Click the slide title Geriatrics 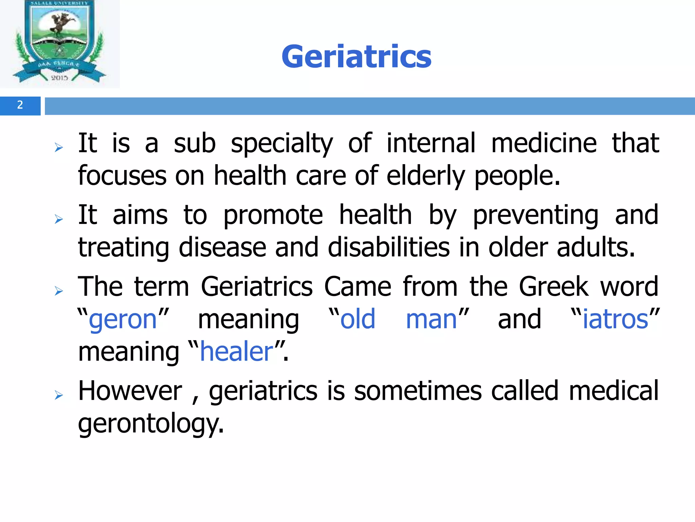pos(356,57)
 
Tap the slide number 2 pos(20,105)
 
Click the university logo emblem pos(60,42)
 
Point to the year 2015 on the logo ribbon pos(59,78)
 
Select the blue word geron pos(123,319)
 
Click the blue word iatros pos(615,319)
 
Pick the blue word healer pos(237,352)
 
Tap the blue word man pos(431,319)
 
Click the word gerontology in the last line pos(151,424)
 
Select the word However pos(130,391)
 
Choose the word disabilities pos(389,248)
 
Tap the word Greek pos(553,287)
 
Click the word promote pos(273,215)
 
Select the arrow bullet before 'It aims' pos(59,220)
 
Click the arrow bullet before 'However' pos(59,395)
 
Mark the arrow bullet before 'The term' pos(59,291)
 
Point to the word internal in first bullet pos(431,143)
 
